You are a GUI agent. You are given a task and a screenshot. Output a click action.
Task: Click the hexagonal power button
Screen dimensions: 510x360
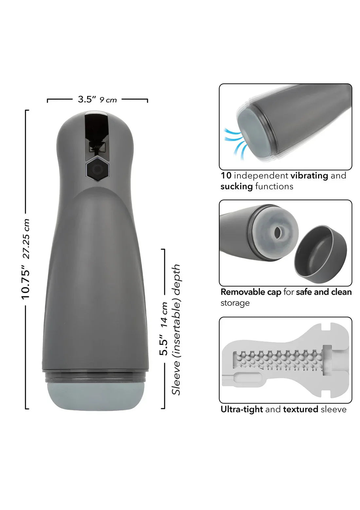[97, 169]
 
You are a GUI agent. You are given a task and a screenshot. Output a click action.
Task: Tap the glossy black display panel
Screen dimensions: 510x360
[97, 134]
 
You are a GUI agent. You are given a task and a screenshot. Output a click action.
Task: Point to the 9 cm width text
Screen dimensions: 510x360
[108, 100]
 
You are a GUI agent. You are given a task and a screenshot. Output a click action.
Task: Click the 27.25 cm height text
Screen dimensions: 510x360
[26, 239]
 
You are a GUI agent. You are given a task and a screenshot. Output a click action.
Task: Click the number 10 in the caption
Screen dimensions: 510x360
[226, 176]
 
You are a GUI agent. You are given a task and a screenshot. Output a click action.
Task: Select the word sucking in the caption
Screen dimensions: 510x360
[236, 187]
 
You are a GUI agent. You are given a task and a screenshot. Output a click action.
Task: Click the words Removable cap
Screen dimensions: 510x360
[251, 292]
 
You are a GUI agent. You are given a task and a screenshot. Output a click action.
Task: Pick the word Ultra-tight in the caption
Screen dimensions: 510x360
[242, 409]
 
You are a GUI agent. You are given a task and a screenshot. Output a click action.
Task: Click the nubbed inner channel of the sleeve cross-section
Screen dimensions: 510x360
[278, 362]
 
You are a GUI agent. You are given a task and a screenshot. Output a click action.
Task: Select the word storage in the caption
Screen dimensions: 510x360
[235, 303]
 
